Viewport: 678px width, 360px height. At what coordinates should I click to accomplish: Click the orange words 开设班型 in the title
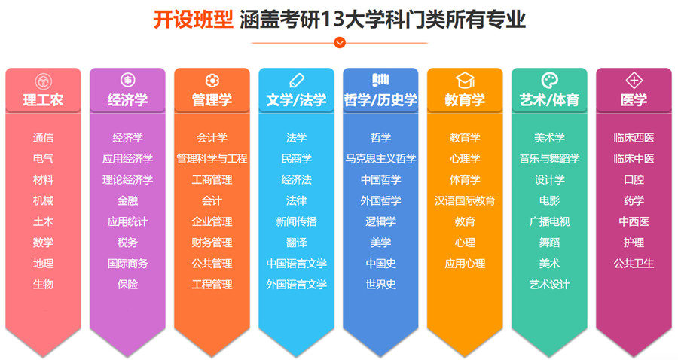tap(193, 20)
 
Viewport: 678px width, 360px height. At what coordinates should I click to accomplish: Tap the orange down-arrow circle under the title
tap(339, 43)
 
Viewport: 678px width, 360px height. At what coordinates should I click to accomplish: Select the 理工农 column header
tap(43, 100)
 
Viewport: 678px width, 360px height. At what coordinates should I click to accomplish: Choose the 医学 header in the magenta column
tap(634, 100)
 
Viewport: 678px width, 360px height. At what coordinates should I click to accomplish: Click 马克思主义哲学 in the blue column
tap(380, 159)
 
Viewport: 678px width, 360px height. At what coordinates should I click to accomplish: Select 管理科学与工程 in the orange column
tap(212, 159)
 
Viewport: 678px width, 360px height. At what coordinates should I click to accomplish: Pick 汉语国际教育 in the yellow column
tap(465, 201)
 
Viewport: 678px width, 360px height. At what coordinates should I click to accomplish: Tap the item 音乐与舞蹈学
tap(549, 159)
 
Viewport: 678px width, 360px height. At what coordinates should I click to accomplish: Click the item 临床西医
tap(634, 138)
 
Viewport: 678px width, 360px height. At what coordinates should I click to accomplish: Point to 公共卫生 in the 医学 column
tap(634, 264)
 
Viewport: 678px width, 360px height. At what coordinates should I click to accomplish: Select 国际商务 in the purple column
tap(127, 264)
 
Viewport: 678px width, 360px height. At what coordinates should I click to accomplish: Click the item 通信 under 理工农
tap(43, 138)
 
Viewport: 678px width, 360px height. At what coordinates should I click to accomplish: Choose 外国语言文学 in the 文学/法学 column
tap(296, 285)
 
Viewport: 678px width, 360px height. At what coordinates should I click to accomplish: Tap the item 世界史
tap(380, 285)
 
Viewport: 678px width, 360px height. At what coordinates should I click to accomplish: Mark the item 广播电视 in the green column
tap(549, 221)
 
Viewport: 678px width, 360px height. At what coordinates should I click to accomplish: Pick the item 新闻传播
tap(296, 221)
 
